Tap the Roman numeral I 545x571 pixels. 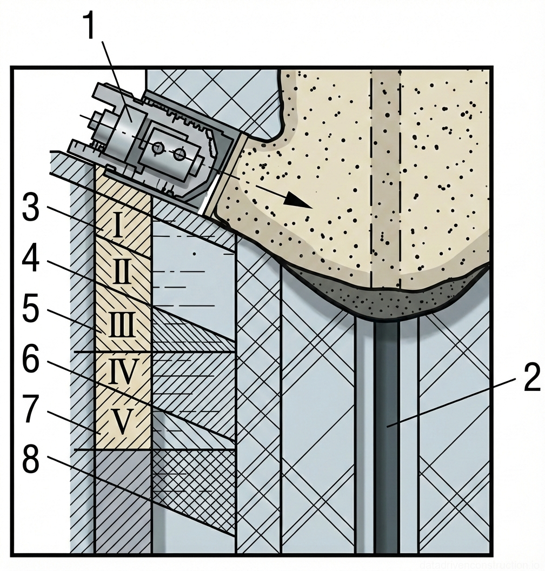coord(121,227)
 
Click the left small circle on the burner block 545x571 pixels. coord(158,148)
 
